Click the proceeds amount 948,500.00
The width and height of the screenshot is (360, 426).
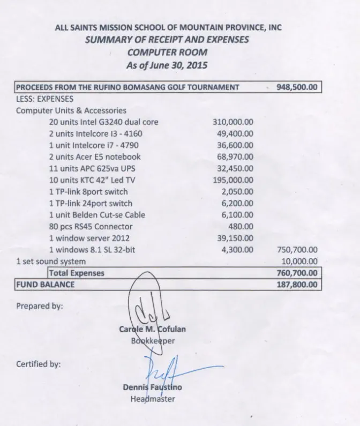click(x=296, y=87)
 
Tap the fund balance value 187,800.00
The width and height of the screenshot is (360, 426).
click(x=296, y=285)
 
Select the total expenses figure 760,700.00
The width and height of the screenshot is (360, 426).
click(x=296, y=273)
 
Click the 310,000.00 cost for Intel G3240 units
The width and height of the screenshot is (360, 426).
click(x=233, y=122)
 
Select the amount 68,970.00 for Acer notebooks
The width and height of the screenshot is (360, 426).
click(x=236, y=157)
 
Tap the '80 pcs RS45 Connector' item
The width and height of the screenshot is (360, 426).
click(x=91, y=227)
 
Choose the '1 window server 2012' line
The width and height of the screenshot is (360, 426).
click(x=89, y=238)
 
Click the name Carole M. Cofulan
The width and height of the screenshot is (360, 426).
click(x=153, y=329)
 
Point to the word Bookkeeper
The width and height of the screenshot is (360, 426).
click(x=153, y=340)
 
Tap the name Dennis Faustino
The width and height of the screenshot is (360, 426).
click(x=152, y=387)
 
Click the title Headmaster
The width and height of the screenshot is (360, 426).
click(x=153, y=398)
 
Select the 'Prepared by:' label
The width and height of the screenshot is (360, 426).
click(x=39, y=307)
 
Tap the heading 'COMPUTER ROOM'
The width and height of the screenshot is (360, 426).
click(x=167, y=53)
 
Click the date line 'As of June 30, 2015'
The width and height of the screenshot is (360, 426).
click(x=167, y=66)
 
